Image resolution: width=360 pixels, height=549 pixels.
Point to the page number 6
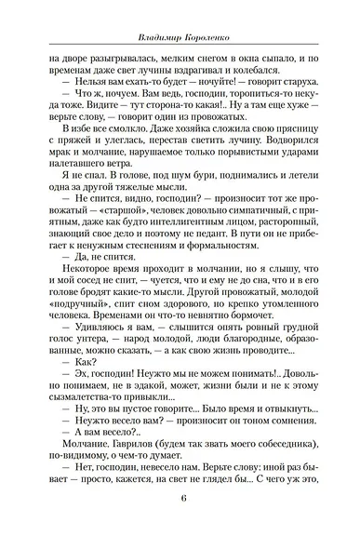click(x=179, y=520)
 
